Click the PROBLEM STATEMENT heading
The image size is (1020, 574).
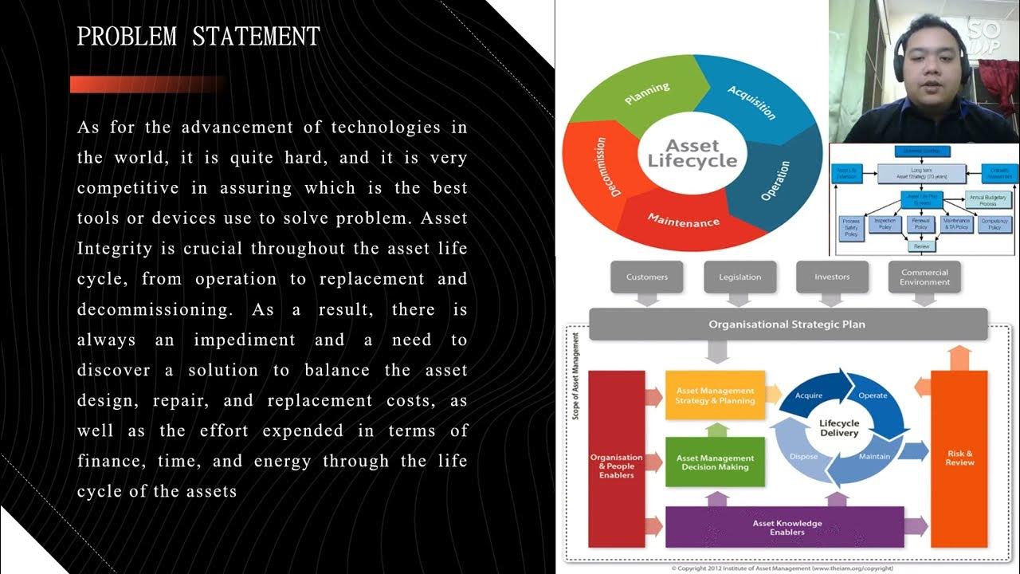198,37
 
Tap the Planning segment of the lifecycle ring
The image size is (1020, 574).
647,94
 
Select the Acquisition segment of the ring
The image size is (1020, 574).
751,102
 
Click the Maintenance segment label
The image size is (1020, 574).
683,220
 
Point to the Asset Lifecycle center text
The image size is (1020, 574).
692,153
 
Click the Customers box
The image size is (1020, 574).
647,277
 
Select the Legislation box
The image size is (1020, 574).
739,277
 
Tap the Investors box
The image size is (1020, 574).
832,277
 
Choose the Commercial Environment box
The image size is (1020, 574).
924,277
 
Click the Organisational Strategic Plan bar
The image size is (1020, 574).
787,324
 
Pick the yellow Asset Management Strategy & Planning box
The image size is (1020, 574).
715,395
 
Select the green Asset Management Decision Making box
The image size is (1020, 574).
715,462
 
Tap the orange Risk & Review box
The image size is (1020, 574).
959,458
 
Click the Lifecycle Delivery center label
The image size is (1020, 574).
839,427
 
